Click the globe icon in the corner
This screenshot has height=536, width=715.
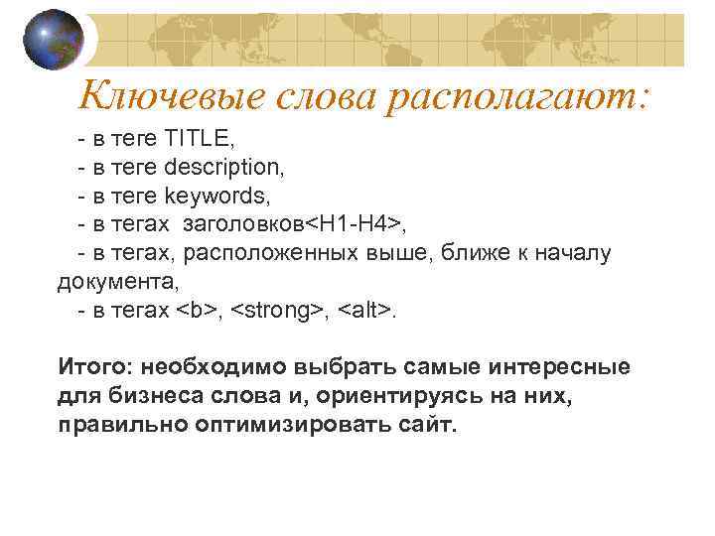tap(53, 41)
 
